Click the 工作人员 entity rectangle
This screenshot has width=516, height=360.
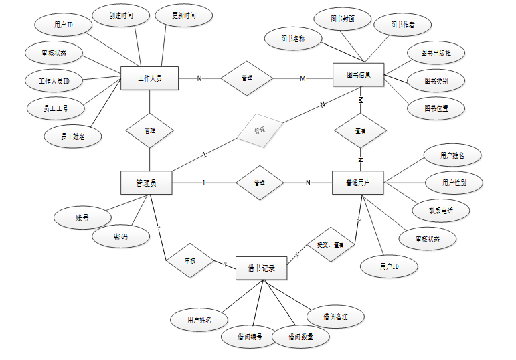[x=149, y=78]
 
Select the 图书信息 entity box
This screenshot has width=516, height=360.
[x=359, y=75]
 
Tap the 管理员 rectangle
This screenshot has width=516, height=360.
[x=146, y=183]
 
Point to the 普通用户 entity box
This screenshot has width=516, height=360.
[x=359, y=183]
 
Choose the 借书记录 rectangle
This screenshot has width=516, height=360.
[x=262, y=268]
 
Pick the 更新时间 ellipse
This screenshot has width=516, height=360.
[x=183, y=15]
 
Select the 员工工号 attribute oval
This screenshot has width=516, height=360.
[x=55, y=107]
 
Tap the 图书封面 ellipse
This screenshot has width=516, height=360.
[x=342, y=19]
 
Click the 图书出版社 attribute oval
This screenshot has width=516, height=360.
[x=436, y=52]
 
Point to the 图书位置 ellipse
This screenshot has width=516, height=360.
[x=436, y=107]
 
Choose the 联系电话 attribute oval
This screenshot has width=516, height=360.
[x=441, y=211]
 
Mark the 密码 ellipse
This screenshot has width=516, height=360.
[x=121, y=236]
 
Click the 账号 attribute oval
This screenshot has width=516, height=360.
[x=82, y=217]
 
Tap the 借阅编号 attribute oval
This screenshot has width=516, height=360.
[x=250, y=336]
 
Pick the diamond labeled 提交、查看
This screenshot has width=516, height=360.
[x=331, y=245]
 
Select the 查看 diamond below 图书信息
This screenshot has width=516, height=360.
[x=361, y=130]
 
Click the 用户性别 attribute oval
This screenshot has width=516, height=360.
[x=454, y=182]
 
